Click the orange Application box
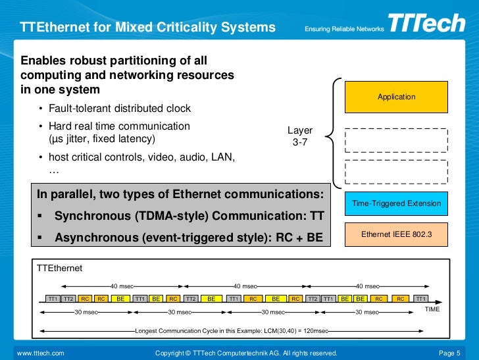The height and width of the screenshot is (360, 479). [396, 97]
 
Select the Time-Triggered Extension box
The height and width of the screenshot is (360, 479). [396, 203]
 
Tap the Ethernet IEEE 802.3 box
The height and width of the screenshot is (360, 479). [396, 234]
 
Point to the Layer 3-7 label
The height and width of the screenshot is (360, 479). [300, 136]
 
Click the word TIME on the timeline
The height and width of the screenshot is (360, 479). [432, 309]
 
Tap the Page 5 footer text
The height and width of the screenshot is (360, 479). [450, 353]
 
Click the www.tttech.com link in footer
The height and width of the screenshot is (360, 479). [40, 353]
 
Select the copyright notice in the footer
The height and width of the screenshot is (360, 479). [245, 353]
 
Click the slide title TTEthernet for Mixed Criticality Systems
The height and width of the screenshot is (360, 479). [148, 28]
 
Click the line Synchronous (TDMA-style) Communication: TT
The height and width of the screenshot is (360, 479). [189, 216]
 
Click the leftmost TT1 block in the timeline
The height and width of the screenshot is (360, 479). [53, 298]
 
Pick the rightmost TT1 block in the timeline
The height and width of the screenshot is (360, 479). [421, 298]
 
